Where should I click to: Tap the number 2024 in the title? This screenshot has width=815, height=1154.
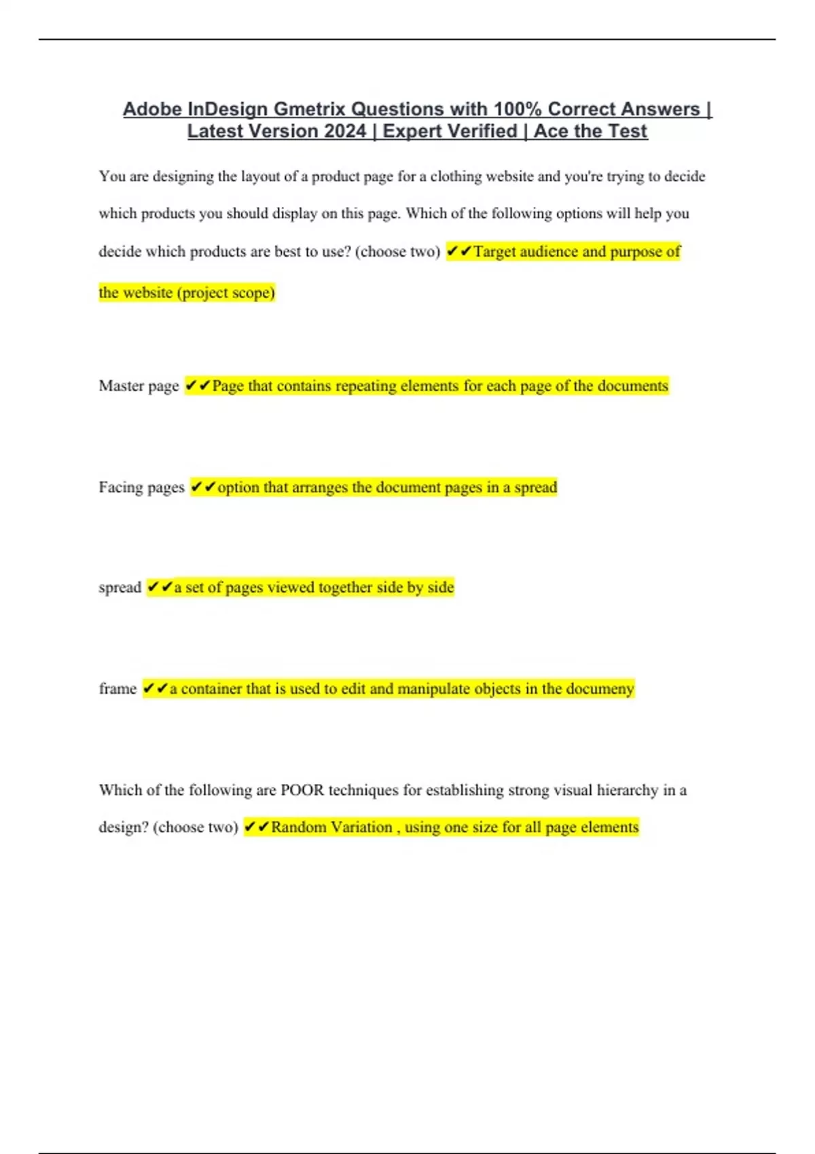point(346,131)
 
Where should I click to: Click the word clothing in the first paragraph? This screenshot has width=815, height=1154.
point(456,176)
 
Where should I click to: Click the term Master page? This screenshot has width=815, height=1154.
point(139,386)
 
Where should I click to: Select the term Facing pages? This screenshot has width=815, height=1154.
point(141,487)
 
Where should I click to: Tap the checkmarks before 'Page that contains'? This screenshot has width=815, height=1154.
point(198,386)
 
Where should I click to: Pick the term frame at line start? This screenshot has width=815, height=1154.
point(117,688)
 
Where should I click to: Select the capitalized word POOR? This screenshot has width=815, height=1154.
point(302,790)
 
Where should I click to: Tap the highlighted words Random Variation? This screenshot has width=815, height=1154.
point(331,827)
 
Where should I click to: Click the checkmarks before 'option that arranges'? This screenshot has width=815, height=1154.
point(203,487)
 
